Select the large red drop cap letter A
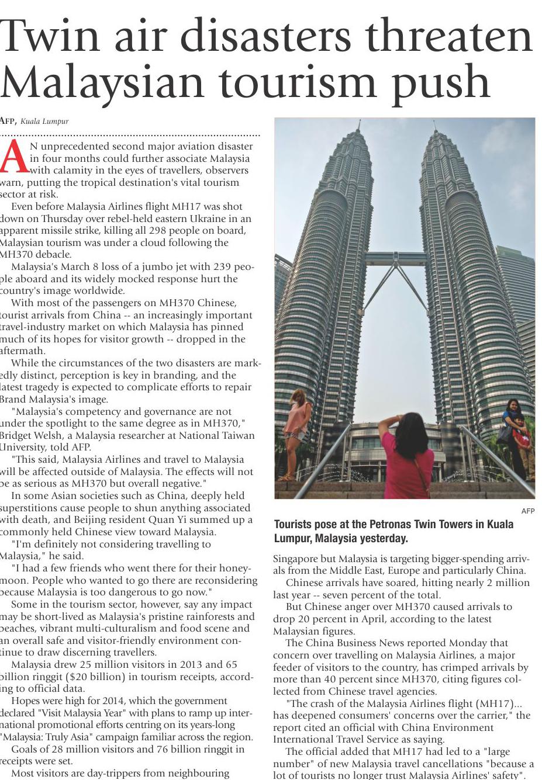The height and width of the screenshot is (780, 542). pyautogui.click(x=13, y=158)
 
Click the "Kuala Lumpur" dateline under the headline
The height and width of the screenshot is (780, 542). pyautogui.click(x=44, y=122)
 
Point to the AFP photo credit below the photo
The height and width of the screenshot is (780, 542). pyautogui.click(x=527, y=511)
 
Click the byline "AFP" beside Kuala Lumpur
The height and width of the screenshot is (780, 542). pyautogui.click(x=7, y=122)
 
